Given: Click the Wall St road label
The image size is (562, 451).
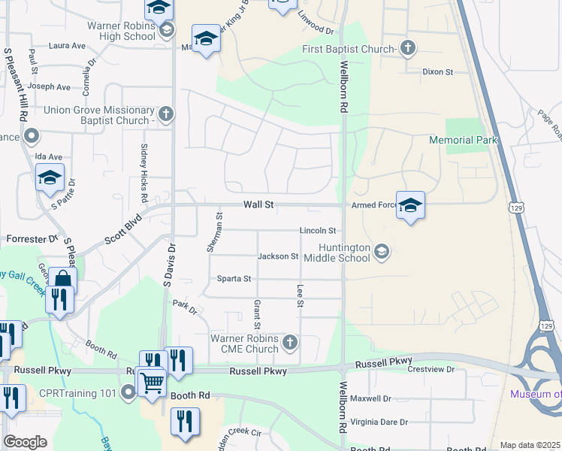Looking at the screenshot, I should (257, 204).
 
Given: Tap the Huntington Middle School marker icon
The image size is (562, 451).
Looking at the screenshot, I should (382, 251).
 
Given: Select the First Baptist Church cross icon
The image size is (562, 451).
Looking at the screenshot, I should (407, 49).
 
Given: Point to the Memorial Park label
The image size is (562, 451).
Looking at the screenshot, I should (462, 141).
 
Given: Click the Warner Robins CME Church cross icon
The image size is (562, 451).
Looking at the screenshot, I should (290, 344).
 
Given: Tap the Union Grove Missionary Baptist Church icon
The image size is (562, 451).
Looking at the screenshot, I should (166, 114).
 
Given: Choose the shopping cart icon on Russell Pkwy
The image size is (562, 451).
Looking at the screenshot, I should (153, 382).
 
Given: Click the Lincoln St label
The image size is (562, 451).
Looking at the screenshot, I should (317, 230).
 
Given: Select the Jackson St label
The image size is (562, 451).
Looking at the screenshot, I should (278, 256).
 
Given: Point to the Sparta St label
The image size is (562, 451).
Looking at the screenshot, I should (234, 279).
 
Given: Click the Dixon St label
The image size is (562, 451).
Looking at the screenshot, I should (437, 72).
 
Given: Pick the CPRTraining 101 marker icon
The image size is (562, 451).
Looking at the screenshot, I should (128, 392).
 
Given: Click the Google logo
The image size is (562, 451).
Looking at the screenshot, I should (25, 442).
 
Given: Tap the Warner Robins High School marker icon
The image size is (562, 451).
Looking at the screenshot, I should (166, 31).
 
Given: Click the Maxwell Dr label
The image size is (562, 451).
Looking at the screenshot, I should (370, 398).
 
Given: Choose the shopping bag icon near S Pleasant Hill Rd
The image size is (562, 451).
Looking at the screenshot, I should (62, 280).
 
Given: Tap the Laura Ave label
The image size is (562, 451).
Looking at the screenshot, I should (67, 46).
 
